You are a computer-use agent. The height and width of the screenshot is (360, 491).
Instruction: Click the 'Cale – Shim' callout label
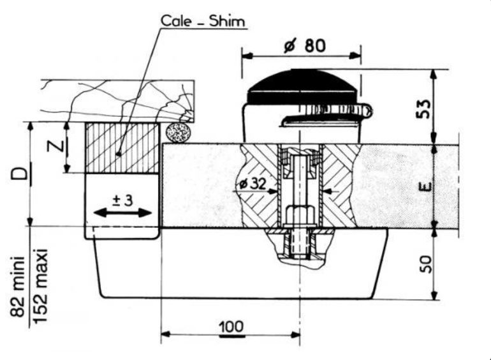click(203, 21)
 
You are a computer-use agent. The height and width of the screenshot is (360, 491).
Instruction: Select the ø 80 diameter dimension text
click(305, 46)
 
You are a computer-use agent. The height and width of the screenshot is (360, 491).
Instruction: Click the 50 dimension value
click(425, 264)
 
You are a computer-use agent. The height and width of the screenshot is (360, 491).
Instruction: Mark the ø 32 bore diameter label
click(253, 184)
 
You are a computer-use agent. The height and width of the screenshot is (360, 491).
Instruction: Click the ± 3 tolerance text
click(122, 200)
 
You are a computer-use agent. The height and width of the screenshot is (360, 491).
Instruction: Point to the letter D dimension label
click(20, 174)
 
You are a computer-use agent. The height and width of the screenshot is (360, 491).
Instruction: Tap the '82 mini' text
click(17, 287)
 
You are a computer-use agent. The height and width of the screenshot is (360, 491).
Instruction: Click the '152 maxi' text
click(40, 286)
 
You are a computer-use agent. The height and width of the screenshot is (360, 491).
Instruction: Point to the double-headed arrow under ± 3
click(122, 213)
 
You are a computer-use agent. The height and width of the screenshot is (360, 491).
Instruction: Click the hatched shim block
click(122, 147)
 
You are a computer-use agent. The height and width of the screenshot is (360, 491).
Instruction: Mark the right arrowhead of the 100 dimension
click(295, 334)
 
